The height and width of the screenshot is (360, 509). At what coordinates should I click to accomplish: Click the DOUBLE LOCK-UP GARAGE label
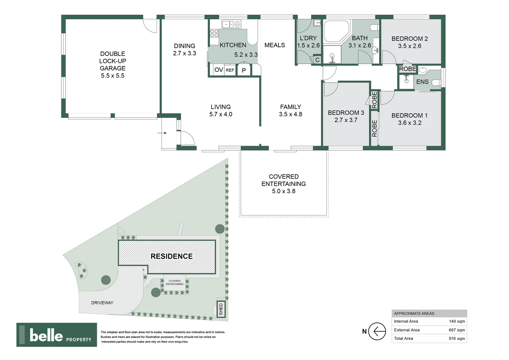(113, 65)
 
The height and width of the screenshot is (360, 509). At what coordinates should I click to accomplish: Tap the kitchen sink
(231, 24)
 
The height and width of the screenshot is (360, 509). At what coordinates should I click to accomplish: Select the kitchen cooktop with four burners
(214, 33)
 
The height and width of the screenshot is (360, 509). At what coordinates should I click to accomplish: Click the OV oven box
(219, 70)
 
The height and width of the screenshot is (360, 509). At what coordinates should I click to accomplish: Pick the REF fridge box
(230, 70)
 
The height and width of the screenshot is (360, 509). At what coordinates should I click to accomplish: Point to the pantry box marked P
(244, 70)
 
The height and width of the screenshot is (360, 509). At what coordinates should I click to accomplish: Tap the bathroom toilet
(374, 28)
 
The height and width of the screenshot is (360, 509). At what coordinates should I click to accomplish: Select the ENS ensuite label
(422, 82)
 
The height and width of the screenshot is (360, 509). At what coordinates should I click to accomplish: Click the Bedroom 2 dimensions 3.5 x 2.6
(409, 46)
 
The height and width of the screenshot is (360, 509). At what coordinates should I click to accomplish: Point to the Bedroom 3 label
(346, 113)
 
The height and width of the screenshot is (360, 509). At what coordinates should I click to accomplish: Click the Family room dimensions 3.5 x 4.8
(290, 114)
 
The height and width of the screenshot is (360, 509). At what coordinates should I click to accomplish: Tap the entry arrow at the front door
(162, 133)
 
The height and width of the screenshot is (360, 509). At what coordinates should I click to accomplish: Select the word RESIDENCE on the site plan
(172, 256)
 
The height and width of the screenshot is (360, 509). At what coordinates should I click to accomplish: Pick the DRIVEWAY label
(102, 303)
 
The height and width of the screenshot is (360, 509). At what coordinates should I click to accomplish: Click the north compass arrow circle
(377, 331)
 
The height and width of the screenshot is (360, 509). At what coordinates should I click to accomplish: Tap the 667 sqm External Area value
(457, 330)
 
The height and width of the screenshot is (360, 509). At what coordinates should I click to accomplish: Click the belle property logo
(57, 335)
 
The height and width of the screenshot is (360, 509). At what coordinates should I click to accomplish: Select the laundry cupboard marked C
(317, 60)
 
